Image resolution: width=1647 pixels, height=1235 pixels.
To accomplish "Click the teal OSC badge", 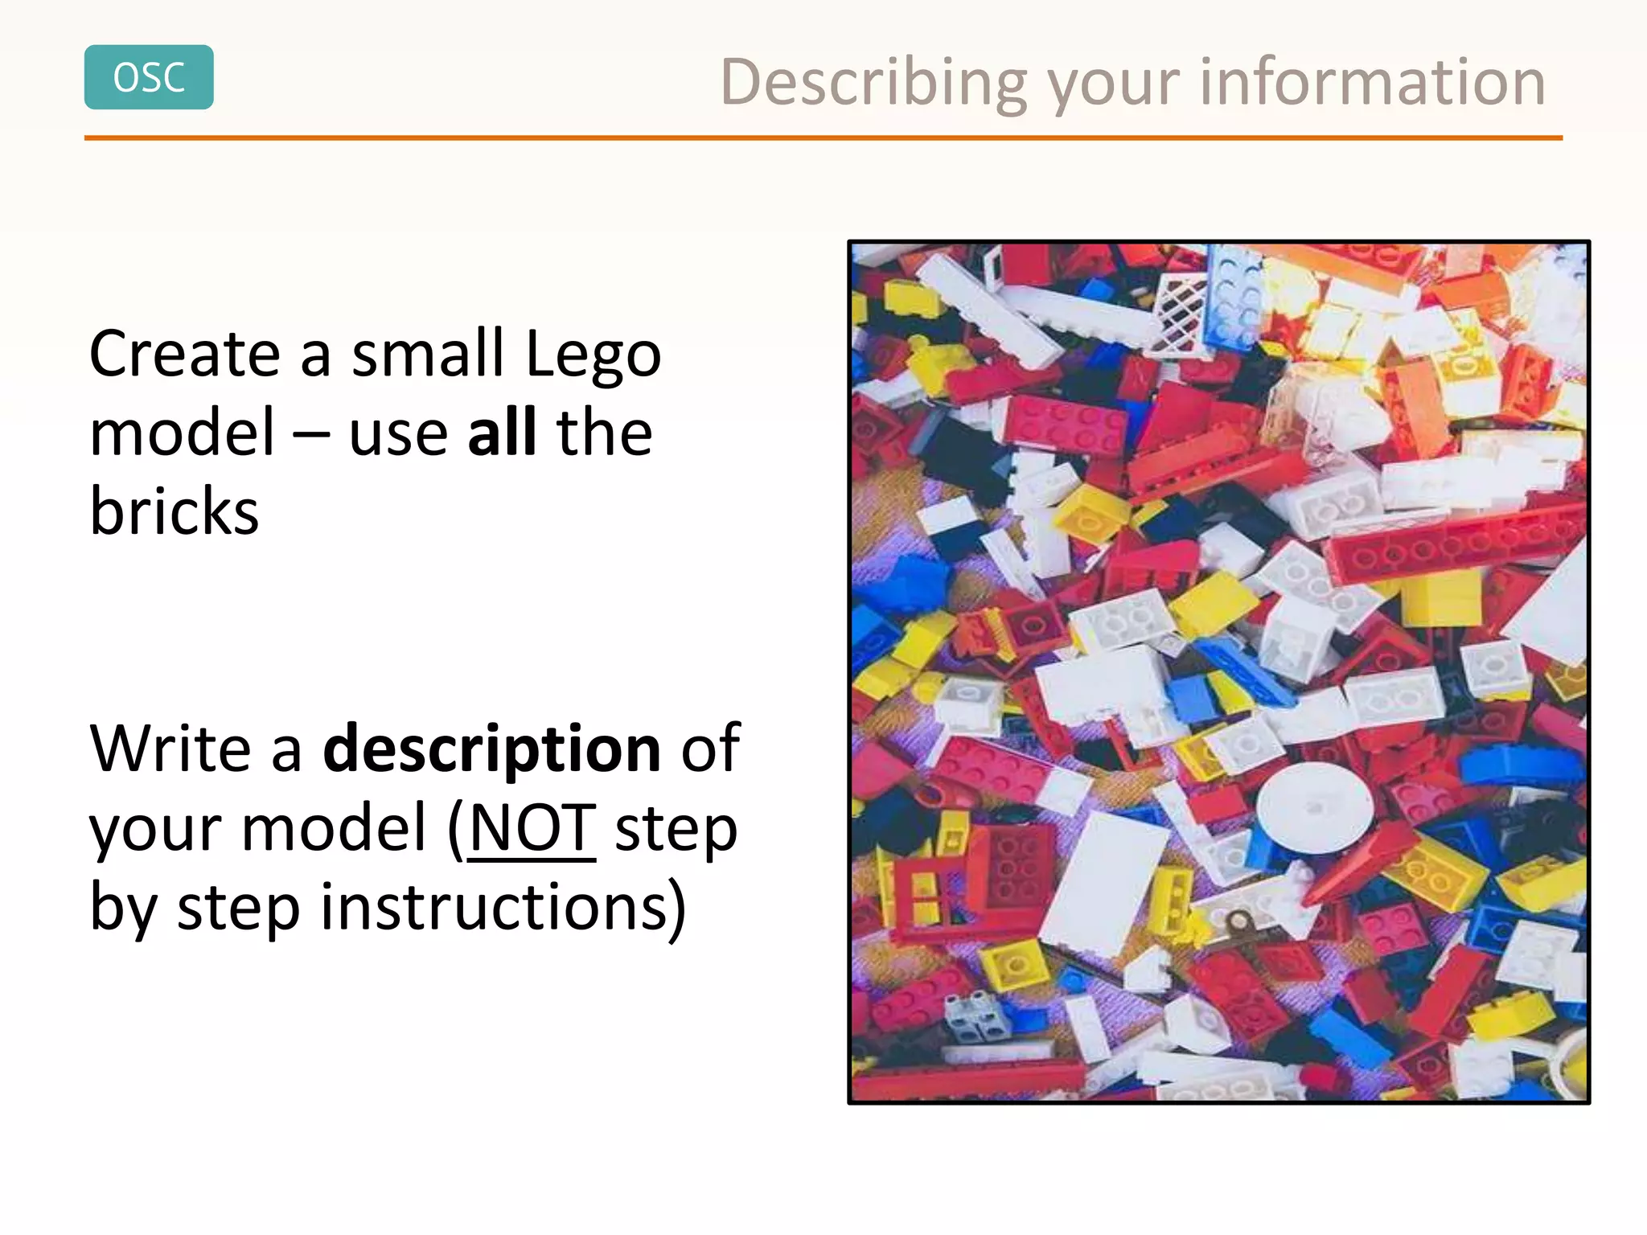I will (x=149, y=77).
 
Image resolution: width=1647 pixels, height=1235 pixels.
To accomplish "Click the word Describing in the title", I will (x=873, y=84).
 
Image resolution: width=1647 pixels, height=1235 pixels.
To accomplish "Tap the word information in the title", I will (x=1372, y=82).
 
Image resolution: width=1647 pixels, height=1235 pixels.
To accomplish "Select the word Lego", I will (x=593, y=354).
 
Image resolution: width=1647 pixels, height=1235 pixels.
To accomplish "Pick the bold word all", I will (x=502, y=432).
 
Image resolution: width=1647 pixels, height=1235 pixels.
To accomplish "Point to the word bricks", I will (x=174, y=511).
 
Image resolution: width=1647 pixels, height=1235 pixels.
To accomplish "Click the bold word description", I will (x=491, y=749).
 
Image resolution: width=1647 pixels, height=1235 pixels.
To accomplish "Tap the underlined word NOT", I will (x=532, y=828).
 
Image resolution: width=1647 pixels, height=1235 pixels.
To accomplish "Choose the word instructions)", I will (x=503, y=907).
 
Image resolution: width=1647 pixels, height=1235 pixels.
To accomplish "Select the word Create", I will (x=184, y=354).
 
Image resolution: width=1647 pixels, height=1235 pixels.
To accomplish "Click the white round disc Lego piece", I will (x=1314, y=806).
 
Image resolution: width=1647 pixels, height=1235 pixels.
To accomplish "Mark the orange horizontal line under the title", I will (x=823, y=138).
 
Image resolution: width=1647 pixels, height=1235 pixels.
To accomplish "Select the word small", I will (x=428, y=354).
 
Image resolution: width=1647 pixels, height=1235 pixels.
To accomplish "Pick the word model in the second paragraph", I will (x=333, y=828).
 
